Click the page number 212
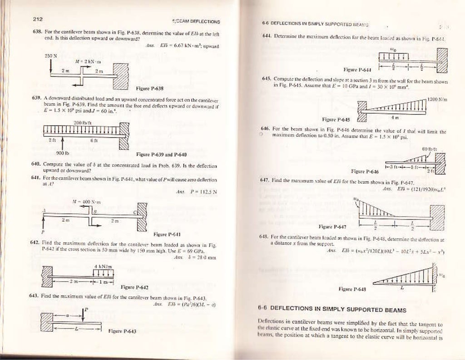(x=37, y=19)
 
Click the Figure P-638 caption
(x=149, y=88)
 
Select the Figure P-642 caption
(x=134, y=287)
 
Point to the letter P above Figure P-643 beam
(x=85, y=310)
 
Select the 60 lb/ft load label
(x=429, y=149)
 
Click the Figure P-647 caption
(x=332, y=226)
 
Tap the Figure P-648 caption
(x=353, y=289)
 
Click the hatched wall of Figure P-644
(x=442, y=58)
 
